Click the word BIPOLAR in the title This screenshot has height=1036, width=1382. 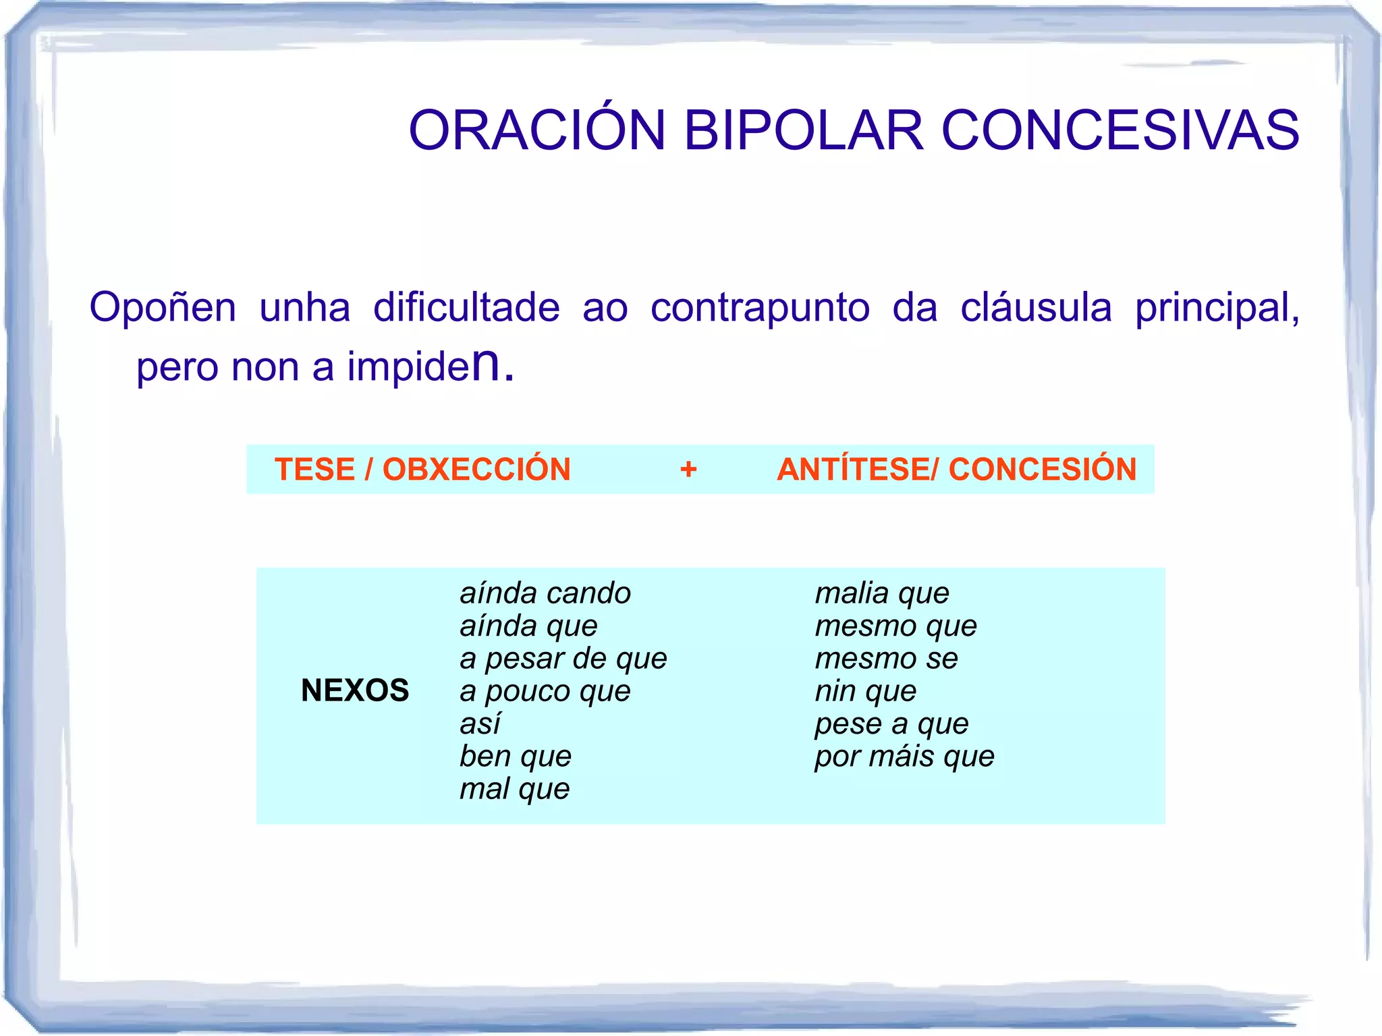point(803,130)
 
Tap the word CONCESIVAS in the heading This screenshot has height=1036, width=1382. point(1120,130)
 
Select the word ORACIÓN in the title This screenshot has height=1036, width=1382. point(537,130)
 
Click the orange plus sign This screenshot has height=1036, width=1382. point(688,469)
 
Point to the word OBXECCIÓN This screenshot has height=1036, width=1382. point(476,469)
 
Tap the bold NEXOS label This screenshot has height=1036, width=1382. point(355,690)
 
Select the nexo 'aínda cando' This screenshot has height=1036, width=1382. point(545,593)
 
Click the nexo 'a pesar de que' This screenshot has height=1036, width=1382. point(563,658)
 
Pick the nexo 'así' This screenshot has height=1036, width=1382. point(480,724)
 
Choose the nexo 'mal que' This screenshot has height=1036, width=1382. point(514,788)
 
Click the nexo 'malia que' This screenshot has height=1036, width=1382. point(881,593)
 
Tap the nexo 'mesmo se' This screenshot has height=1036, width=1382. point(886,658)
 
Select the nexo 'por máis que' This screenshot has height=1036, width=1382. point(904,756)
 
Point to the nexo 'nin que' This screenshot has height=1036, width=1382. point(865,690)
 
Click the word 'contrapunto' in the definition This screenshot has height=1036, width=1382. point(760,308)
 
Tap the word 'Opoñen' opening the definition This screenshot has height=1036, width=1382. point(163,308)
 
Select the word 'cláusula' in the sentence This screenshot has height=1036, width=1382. point(1036,308)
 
